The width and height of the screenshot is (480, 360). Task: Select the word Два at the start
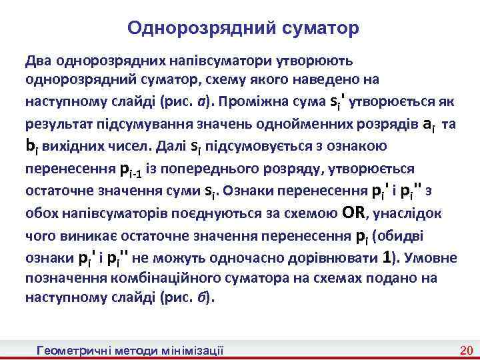[38, 61]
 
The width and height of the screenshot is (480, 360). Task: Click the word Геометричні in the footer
[75, 350]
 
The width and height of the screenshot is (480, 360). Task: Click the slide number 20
[465, 350]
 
